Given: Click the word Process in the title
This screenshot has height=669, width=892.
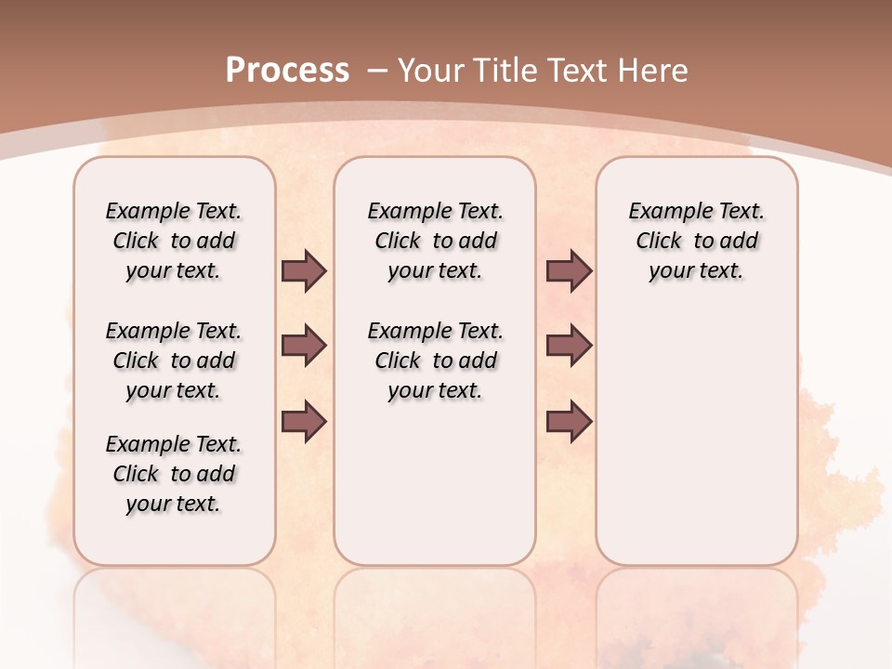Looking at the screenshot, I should pos(287,70).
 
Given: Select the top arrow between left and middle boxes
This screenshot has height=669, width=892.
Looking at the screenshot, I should pos(304,270).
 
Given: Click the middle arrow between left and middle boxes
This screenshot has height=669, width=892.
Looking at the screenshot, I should pos(304,346).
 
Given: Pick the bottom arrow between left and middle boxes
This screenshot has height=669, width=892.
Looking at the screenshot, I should pos(304,421).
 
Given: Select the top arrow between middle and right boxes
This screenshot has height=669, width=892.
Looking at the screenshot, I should pos(569,270).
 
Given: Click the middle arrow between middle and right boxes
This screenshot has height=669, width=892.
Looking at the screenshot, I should pos(569,346).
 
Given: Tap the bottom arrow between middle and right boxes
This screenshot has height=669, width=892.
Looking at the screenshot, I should pos(569,421).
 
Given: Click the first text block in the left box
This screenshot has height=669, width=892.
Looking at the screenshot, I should pos(174,241).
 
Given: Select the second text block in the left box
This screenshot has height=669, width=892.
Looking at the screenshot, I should pos(174,361).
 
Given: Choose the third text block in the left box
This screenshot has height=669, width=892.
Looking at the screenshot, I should pos(174,474).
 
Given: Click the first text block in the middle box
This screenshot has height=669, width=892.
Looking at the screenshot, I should pos(435,241).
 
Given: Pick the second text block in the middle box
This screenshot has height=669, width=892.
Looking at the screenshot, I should pos(435,361).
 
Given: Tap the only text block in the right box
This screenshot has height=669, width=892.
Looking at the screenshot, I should pos(696,241).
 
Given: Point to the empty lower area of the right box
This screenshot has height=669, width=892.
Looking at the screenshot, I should pos(696,437).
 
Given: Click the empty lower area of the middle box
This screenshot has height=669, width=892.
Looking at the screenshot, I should pos(435,483).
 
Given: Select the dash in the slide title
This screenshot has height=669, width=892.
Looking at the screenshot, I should pos(377,70).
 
